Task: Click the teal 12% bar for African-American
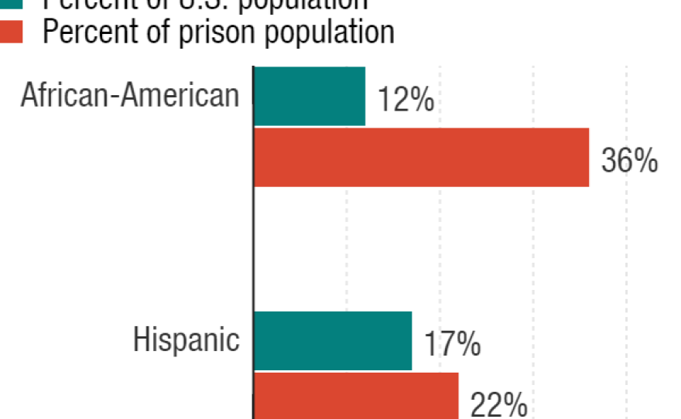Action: (310, 97)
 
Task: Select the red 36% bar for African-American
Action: (422, 158)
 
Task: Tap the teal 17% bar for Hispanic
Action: (333, 341)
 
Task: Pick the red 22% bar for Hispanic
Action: (356, 396)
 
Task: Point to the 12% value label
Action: (406, 101)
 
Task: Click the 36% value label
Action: (629, 162)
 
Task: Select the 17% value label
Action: (452, 345)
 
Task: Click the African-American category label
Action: (130, 96)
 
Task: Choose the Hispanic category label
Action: (187, 340)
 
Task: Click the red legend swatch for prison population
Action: (11, 32)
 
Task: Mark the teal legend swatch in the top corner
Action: (11, 4)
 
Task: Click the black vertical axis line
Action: (253, 232)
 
